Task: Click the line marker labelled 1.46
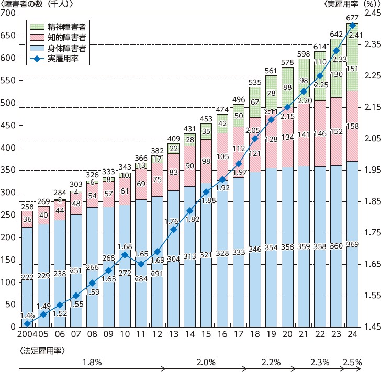click(x=27, y=324)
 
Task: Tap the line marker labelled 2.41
click(x=352, y=25)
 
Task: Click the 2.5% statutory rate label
click(x=352, y=362)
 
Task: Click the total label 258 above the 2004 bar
click(x=27, y=208)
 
